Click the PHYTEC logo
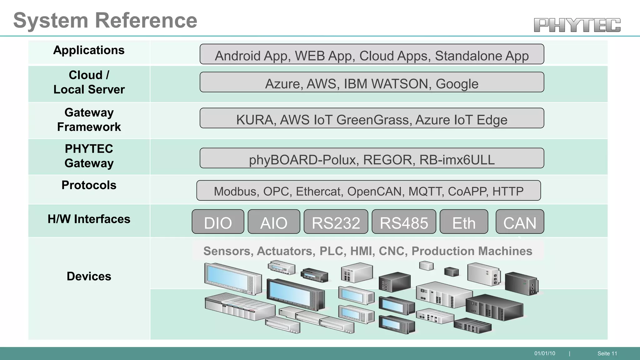(x=577, y=25)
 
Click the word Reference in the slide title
(x=146, y=21)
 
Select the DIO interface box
(x=218, y=222)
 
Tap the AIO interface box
(x=274, y=222)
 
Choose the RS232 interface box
(x=336, y=222)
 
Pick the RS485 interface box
(x=404, y=222)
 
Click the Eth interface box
(x=464, y=222)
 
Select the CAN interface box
(x=520, y=222)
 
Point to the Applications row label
(x=89, y=50)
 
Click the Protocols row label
(x=89, y=185)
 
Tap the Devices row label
(x=89, y=276)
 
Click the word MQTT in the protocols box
(x=426, y=191)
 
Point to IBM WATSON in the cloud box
(x=386, y=84)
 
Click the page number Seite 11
(x=607, y=353)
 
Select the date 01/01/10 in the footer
(x=545, y=353)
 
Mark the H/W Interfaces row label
(x=89, y=219)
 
